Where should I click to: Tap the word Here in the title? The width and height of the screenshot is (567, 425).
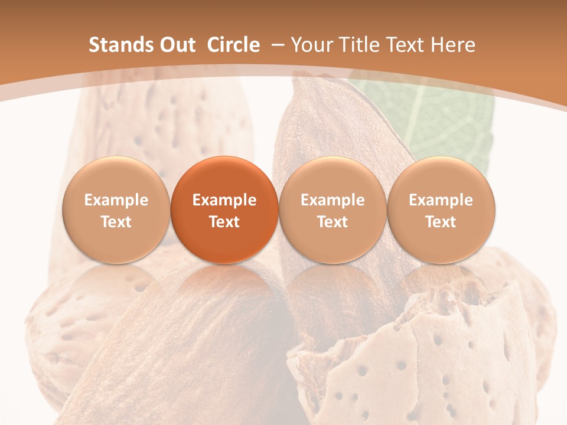pyautogui.click(x=453, y=45)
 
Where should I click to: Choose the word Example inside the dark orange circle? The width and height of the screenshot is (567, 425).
pyautogui.click(x=224, y=200)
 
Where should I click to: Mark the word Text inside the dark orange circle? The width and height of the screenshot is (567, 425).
pyautogui.click(x=224, y=222)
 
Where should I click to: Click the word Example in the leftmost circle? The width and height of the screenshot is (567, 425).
pyautogui.click(x=116, y=200)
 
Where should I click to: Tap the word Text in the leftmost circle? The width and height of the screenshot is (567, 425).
pyautogui.click(x=116, y=222)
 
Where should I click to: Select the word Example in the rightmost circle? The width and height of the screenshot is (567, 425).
pyautogui.click(x=441, y=200)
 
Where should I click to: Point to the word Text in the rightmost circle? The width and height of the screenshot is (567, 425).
pyautogui.click(x=441, y=222)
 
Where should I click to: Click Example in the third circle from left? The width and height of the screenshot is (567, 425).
pyautogui.click(x=333, y=200)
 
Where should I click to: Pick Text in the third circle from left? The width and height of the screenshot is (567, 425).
pyautogui.click(x=333, y=222)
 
